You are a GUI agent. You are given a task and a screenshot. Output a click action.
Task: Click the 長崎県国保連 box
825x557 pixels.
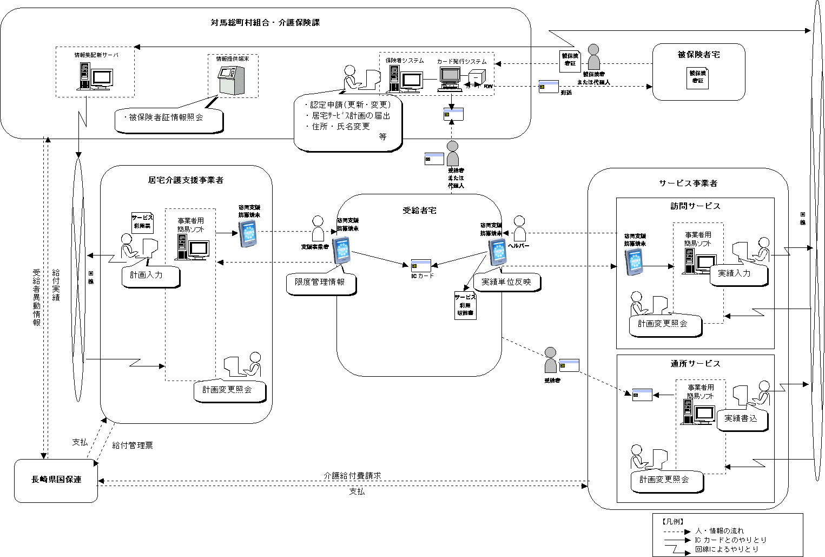click(x=56, y=480)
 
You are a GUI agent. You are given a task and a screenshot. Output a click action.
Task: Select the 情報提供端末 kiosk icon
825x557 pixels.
click(x=231, y=80)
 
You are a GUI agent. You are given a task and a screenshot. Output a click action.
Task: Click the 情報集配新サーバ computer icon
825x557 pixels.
click(x=95, y=76)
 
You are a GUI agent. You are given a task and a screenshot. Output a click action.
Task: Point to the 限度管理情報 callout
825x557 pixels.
click(x=320, y=283)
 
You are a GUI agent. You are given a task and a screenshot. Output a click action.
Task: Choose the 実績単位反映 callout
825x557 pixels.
click(x=506, y=282)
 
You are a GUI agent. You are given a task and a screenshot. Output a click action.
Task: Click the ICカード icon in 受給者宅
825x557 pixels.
click(x=421, y=265)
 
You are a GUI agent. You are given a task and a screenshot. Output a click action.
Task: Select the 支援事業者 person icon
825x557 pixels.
click(x=318, y=229)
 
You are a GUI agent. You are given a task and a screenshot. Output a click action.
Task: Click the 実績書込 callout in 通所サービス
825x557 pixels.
click(x=741, y=419)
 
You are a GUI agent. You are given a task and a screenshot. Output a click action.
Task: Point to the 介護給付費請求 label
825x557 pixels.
click(x=352, y=476)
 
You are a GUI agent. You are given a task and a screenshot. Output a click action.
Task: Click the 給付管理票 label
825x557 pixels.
click(x=133, y=445)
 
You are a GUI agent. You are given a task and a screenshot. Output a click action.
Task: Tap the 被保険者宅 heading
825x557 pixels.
click(x=698, y=55)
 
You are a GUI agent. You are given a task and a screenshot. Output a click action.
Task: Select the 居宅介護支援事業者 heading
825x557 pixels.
click(x=186, y=180)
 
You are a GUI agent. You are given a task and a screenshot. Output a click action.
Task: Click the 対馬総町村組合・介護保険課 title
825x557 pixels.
click(x=265, y=23)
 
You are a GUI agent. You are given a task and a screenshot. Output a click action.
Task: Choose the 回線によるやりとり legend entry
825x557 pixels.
click(x=727, y=549)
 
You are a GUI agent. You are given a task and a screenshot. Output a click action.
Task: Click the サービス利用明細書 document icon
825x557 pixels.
click(x=465, y=306)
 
